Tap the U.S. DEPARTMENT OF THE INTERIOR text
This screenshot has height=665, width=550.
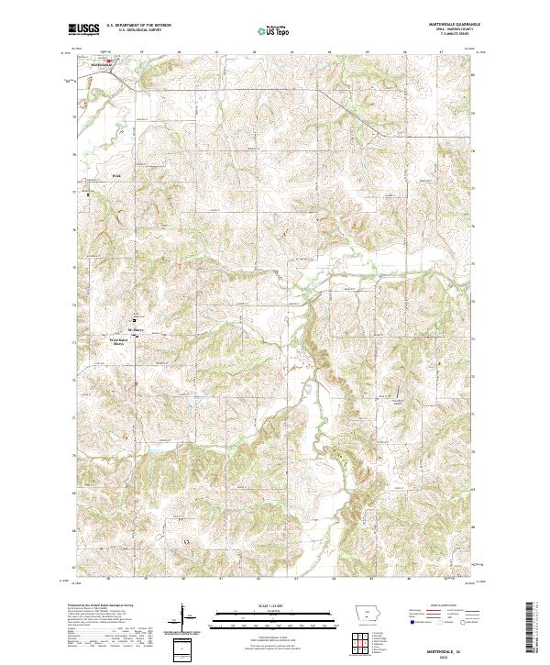(139, 26)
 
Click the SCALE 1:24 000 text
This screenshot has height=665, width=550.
(253, 605)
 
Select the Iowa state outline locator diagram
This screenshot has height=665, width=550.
(366, 614)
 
